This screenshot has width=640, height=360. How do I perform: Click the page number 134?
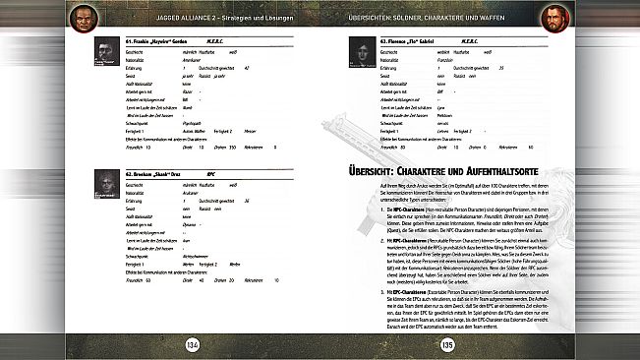click(192, 341)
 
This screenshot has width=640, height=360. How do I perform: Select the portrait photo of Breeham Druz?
click(107, 183)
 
